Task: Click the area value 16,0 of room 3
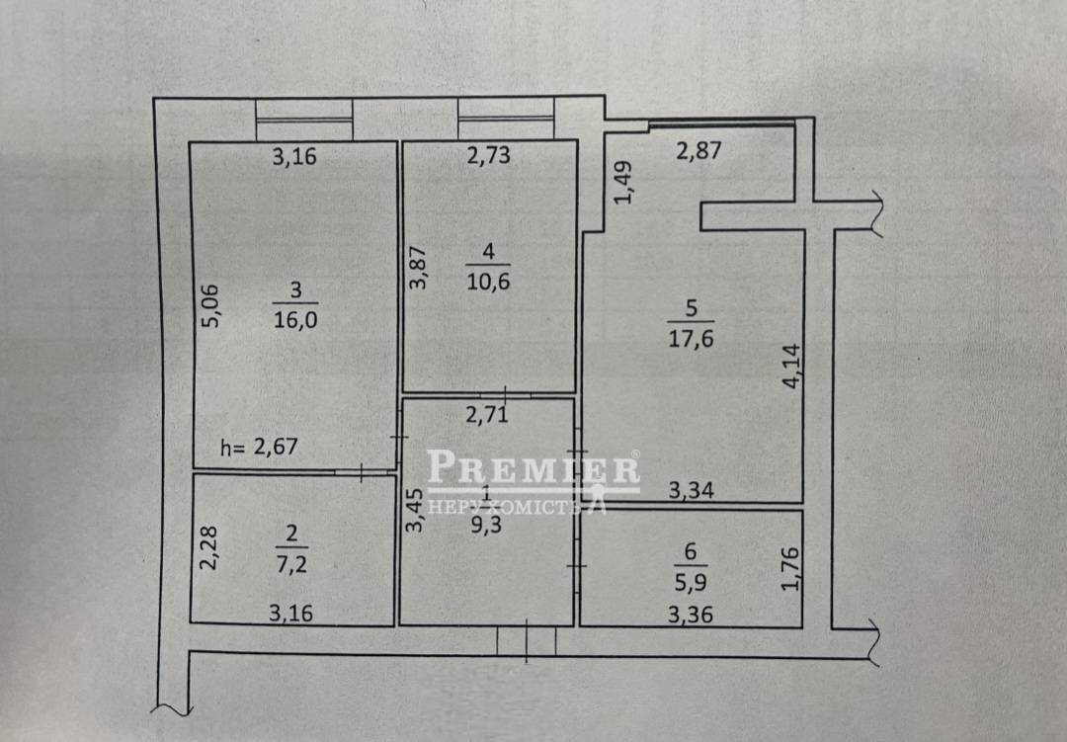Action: (x=295, y=319)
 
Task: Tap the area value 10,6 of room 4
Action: (x=488, y=281)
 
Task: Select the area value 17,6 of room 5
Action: (x=691, y=338)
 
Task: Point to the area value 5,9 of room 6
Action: (x=691, y=582)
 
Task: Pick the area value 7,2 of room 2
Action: (x=291, y=563)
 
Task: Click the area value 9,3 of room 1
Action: (x=486, y=524)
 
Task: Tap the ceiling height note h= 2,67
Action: (x=259, y=447)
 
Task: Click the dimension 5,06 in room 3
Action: (x=211, y=305)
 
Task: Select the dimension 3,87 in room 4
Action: (x=418, y=267)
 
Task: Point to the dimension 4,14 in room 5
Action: (x=791, y=367)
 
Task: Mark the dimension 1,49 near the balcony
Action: (x=622, y=182)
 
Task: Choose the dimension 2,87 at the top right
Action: (x=698, y=150)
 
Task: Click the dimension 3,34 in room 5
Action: (x=691, y=489)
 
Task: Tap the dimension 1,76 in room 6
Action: (x=790, y=569)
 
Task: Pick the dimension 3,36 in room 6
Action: (x=690, y=615)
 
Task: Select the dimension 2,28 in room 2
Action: (x=208, y=547)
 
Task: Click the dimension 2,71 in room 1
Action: (x=486, y=414)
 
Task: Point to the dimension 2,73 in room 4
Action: (x=489, y=155)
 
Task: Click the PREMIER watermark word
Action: (x=533, y=469)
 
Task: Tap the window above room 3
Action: (x=304, y=120)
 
